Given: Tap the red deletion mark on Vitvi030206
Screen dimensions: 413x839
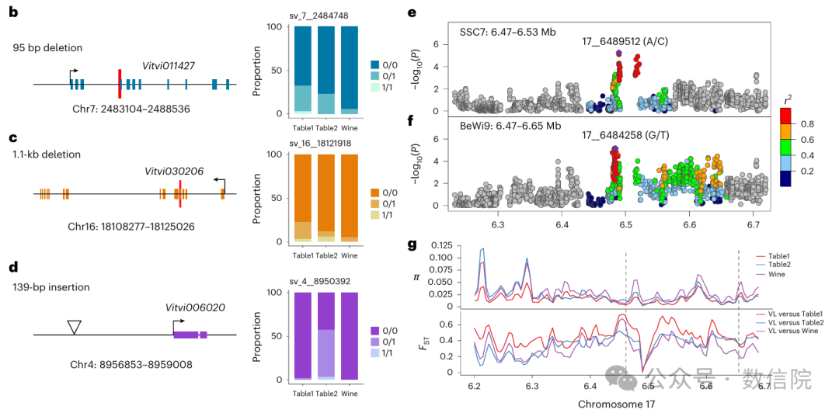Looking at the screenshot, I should coord(180,193).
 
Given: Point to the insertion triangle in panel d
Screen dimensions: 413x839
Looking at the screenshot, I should coord(74,327).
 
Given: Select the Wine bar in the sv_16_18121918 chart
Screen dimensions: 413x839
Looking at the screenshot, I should coord(350,200).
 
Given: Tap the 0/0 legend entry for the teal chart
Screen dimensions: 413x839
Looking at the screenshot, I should coord(392,65).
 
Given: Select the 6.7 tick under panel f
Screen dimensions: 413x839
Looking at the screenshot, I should coord(754,224).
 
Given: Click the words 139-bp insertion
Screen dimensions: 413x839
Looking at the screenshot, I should coord(50,287).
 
